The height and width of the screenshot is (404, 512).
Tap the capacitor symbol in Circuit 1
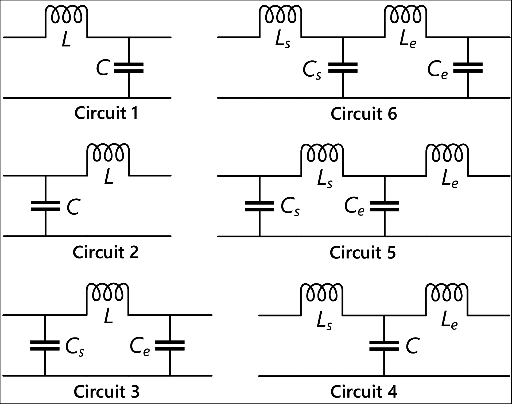129,68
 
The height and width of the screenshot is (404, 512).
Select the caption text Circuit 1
106,113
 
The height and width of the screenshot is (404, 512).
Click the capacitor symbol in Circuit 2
45,206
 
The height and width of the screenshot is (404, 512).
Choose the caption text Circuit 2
106,252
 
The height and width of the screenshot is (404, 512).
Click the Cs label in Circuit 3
75,347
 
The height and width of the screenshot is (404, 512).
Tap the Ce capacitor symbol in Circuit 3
170,345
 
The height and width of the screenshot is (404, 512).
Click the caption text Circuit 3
106,392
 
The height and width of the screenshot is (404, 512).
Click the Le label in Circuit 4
449,322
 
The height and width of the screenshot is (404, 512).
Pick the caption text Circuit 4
364,392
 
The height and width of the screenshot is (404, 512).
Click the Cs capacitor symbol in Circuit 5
259,206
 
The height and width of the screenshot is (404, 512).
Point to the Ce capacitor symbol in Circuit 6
468,68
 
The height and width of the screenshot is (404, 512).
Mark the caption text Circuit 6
364,114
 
